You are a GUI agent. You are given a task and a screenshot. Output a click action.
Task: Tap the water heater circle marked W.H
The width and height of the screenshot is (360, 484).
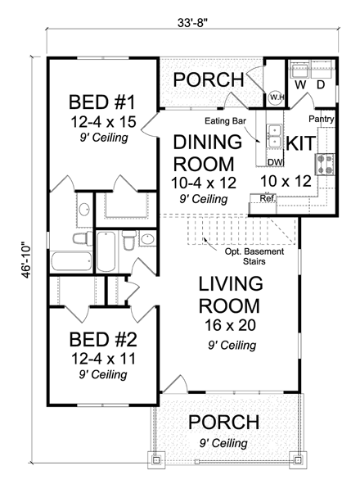click(277, 97)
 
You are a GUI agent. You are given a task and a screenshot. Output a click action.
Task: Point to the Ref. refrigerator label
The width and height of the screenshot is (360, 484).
click(266, 198)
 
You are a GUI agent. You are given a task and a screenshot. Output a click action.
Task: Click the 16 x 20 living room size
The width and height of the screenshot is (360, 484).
click(230, 325)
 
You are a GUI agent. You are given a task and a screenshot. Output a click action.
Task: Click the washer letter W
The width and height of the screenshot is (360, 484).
click(299, 84)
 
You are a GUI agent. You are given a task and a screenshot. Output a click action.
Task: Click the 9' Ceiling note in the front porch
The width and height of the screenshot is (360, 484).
click(223, 443)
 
